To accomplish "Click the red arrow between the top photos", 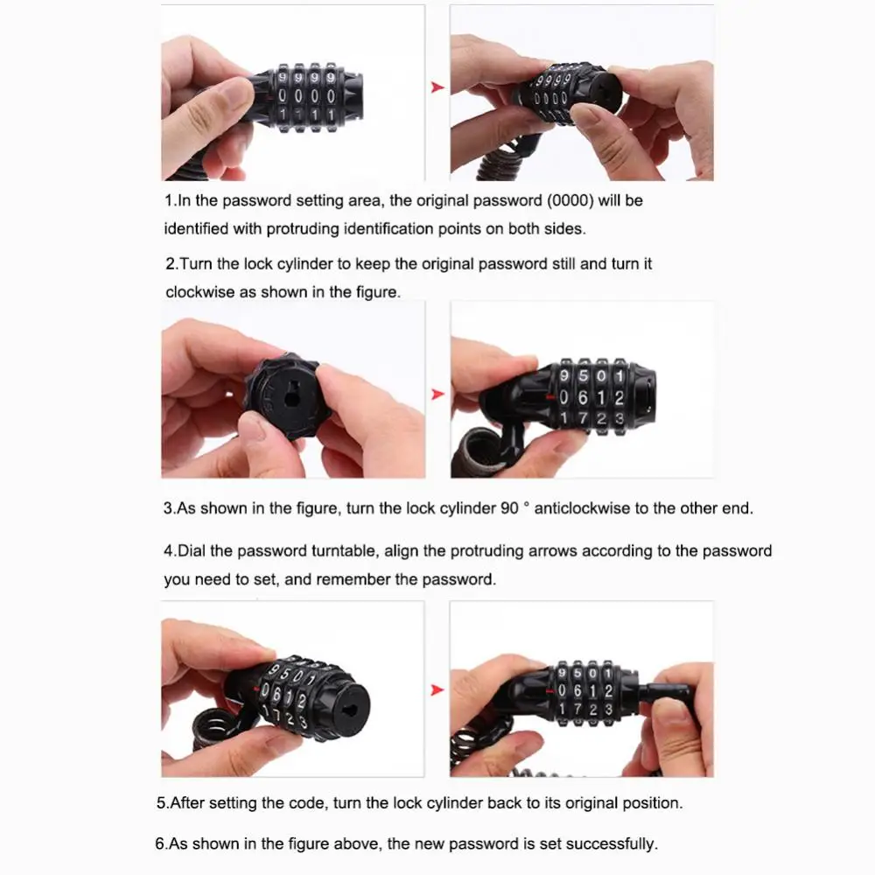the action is pyautogui.click(x=437, y=87).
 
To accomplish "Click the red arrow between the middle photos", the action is pyautogui.click(x=437, y=395).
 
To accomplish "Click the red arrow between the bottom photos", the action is pyautogui.click(x=437, y=690).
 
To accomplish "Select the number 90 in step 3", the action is pyautogui.click(x=510, y=508).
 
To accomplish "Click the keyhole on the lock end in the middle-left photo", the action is pyautogui.click(x=292, y=397).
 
